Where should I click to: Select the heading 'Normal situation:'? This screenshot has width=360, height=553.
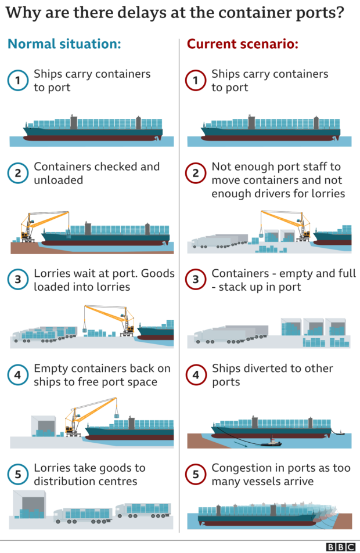pos(64,44)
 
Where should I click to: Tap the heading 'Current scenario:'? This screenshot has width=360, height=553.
pos(242,44)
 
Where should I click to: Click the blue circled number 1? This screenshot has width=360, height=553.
pos(17,81)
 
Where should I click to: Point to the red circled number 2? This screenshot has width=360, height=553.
pos(195,173)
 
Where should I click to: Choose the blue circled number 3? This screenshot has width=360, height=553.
pos(17,280)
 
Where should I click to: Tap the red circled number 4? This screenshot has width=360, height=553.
pos(195,375)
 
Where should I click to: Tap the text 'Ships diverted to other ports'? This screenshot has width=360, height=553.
pos(272,375)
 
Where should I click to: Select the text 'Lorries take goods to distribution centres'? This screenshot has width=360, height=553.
pos(89,474)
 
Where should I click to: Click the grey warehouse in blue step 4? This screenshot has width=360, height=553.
pos(45,425)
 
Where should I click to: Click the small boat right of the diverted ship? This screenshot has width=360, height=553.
pos(340,432)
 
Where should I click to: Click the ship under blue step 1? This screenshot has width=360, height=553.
pos(93,129)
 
